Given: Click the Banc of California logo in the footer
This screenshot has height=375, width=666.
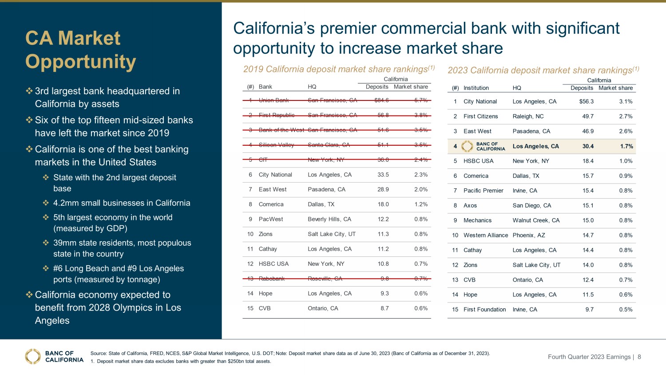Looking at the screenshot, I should pos(54,356).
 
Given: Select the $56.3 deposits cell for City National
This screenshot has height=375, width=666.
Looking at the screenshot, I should pos(586,101).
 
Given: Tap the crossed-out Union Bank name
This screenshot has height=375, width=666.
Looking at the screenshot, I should pos(274,100).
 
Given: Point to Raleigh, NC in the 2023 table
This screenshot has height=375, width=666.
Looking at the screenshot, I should pos(528,116).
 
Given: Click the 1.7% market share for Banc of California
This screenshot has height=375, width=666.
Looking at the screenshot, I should pos(626,146).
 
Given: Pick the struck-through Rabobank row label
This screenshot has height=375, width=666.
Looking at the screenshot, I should pos(271,279).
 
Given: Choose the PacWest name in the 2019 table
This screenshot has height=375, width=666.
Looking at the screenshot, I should pos(271,219).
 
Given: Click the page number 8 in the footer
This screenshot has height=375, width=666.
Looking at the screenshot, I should pos(639,357).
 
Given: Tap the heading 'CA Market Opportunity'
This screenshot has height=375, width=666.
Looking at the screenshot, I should pos(80,50).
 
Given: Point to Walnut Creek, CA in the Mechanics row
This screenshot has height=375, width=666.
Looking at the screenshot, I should pos(536,220).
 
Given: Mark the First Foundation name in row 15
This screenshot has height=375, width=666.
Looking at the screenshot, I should pos(484,310).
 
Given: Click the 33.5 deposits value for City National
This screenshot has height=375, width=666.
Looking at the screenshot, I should pos(383,175).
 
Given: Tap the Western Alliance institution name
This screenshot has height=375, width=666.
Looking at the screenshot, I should pos(485,235).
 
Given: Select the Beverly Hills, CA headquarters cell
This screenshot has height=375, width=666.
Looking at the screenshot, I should pos(329,219).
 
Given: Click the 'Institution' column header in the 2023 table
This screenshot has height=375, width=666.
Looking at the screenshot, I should pos(476,88).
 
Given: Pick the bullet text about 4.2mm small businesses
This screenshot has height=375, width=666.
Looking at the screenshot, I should pos(122,203).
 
